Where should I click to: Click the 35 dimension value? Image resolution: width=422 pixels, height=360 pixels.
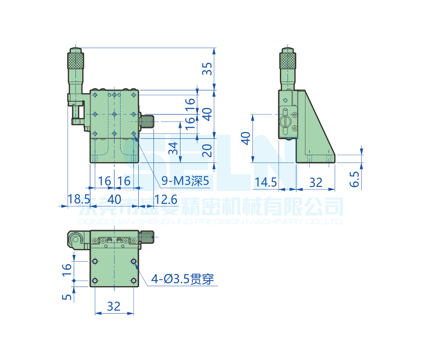click(x=206, y=68)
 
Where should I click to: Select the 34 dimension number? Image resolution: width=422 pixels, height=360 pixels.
click(x=172, y=148)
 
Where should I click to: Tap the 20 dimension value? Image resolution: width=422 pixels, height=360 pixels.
click(x=206, y=150)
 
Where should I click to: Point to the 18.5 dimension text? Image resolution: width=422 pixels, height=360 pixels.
click(x=79, y=199)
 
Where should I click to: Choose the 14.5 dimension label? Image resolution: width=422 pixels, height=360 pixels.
click(x=266, y=182)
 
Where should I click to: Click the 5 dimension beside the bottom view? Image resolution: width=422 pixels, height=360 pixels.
click(x=67, y=297)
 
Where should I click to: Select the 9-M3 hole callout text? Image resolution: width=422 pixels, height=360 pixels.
click(x=185, y=181)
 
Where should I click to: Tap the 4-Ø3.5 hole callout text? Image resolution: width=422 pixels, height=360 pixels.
click(x=183, y=279)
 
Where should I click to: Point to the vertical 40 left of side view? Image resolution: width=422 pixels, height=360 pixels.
click(x=245, y=138)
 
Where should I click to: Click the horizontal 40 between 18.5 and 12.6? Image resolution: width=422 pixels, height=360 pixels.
click(x=114, y=199)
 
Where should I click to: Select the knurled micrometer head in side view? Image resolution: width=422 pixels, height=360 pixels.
click(x=289, y=60)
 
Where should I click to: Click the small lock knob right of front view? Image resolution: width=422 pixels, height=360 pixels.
click(x=148, y=122)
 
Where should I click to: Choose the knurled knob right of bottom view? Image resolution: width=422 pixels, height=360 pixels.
click(x=147, y=237)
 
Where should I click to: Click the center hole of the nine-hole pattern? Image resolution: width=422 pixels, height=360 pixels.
click(x=114, y=114)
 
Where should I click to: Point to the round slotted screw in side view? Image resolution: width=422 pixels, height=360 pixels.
click(x=285, y=122)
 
